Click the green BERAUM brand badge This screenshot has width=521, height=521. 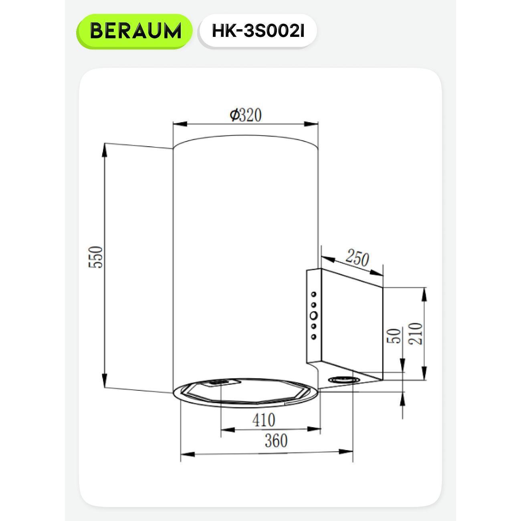click(134, 31)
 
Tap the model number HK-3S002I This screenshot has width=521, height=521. click(258, 31)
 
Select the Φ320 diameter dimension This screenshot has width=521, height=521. click(246, 115)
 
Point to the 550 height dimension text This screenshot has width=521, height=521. click(96, 257)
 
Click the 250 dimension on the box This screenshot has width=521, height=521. click(357, 258)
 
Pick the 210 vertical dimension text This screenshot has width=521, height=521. click(415, 333)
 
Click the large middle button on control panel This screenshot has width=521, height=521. click(314, 315)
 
